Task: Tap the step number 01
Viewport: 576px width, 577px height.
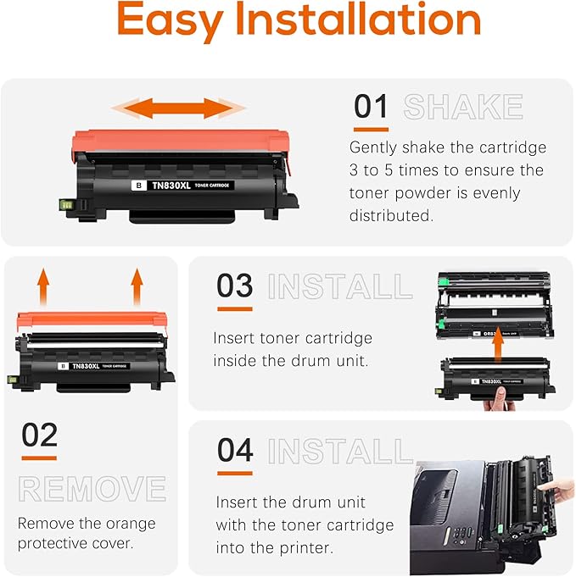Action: (371, 108)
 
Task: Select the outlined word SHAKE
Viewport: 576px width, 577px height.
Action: (463, 108)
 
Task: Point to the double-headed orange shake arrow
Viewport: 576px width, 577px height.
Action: (179, 108)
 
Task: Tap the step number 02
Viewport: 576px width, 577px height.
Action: (39, 435)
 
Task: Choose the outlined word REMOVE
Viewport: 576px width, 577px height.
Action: (92, 489)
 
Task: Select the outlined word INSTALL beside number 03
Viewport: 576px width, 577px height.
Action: (339, 286)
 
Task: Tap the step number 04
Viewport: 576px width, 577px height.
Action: (235, 450)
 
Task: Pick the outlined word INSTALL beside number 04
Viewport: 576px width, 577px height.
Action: (339, 451)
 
